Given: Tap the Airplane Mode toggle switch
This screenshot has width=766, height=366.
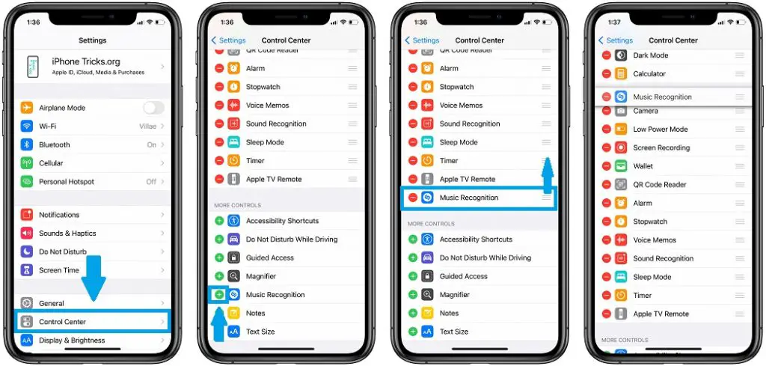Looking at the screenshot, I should (x=153, y=108).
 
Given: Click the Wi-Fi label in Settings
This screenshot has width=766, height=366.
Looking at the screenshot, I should (x=47, y=126).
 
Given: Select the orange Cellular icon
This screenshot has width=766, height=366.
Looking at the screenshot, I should (x=27, y=163).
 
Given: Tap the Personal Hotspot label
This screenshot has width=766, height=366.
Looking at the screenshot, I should (x=67, y=182).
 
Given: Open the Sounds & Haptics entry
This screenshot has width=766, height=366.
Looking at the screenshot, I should (x=67, y=234).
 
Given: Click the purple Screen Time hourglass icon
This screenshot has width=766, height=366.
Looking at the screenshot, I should (x=27, y=270).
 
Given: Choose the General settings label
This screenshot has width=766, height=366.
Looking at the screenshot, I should (x=52, y=303).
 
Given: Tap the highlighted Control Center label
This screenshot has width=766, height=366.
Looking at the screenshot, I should (x=62, y=322).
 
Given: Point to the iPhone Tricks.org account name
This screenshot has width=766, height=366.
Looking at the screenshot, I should (x=86, y=62).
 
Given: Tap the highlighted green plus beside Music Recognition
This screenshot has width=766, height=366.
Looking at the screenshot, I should (x=219, y=295).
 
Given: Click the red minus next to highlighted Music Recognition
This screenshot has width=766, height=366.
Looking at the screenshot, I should (x=413, y=198).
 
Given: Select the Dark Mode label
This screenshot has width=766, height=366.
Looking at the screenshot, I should (x=650, y=55).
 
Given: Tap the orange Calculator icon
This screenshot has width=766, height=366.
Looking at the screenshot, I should (x=621, y=74).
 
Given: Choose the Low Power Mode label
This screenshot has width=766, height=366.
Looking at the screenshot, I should (x=661, y=129).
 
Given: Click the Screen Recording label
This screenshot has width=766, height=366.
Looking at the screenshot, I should (x=661, y=148).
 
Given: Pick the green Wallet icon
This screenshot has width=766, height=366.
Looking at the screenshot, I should (x=621, y=166).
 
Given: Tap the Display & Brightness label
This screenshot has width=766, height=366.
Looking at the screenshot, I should (x=72, y=341).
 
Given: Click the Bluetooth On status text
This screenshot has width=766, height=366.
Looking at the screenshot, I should (x=152, y=145).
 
